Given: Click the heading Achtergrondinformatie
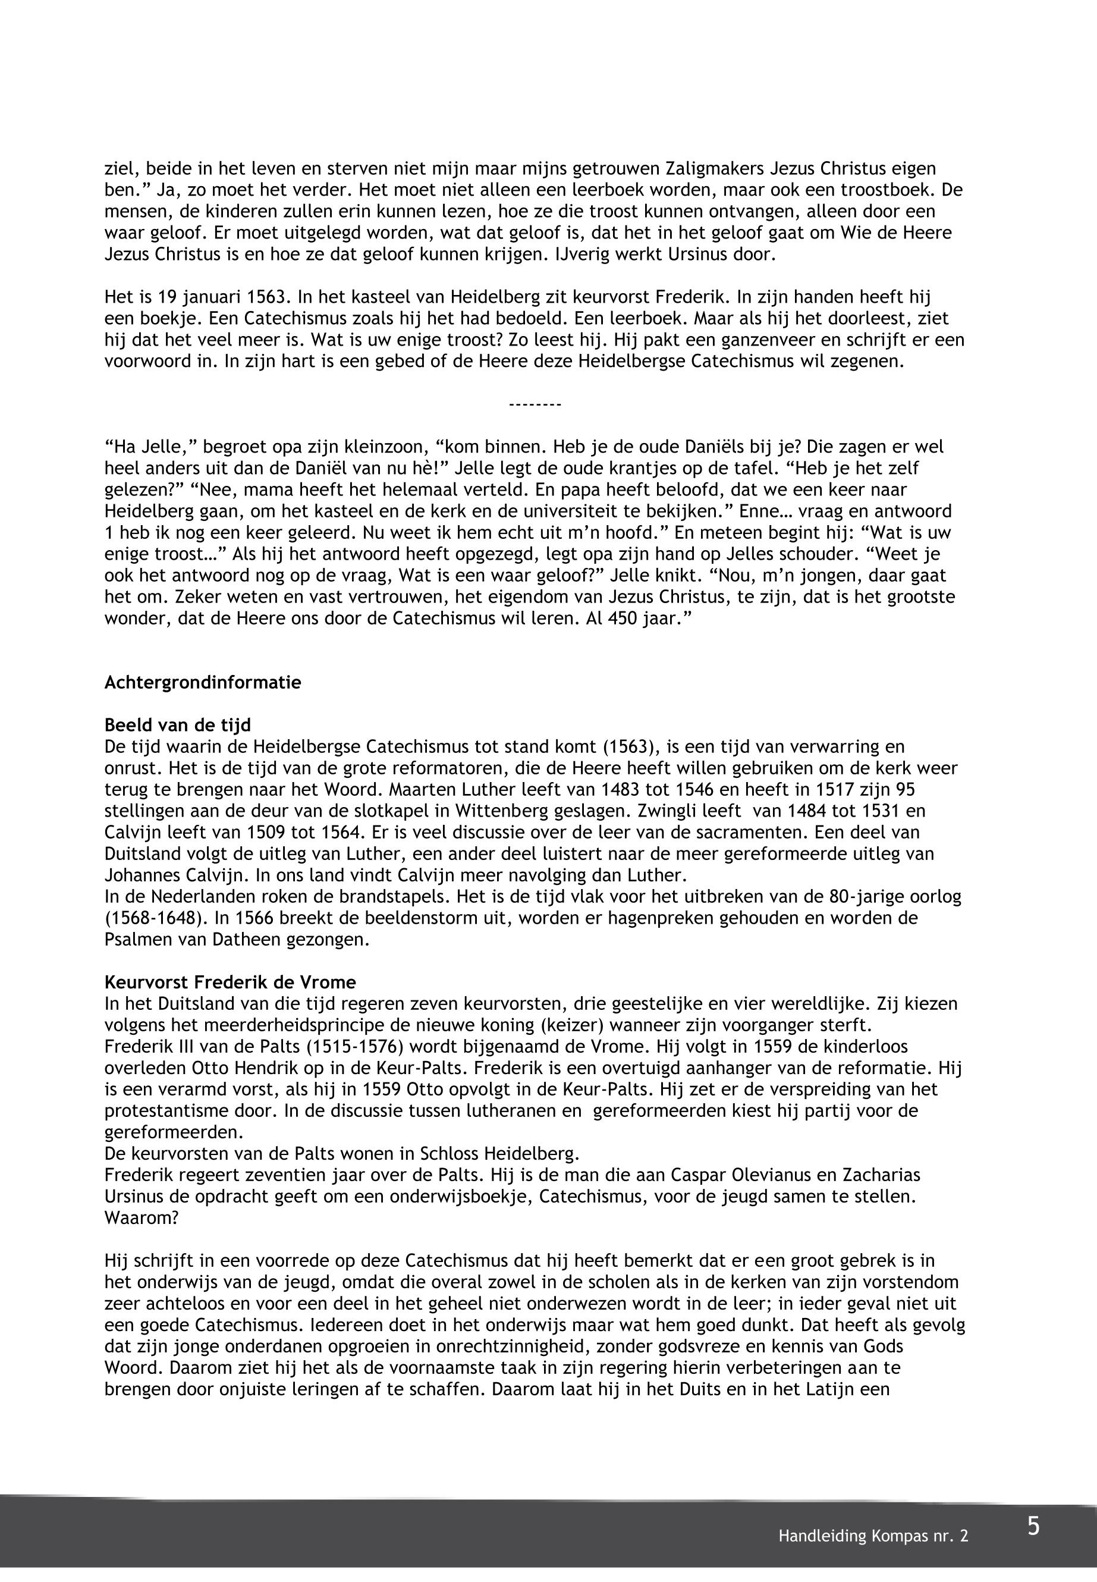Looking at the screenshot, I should (x=202, y=683).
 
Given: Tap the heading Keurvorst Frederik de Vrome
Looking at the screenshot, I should (x=230, y=982).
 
